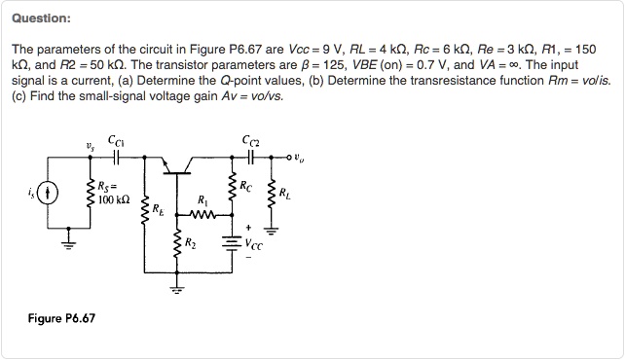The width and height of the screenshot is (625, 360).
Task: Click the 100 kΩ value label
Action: point(113,200)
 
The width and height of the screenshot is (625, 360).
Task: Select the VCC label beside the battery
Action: point(254,242)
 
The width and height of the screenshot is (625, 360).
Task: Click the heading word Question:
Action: point(41,18)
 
